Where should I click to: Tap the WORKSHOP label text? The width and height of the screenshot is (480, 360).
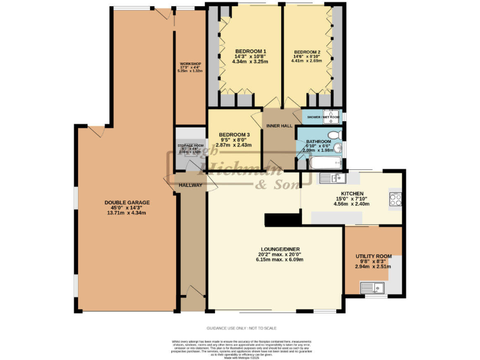pyautogui.click(x=191, y=64)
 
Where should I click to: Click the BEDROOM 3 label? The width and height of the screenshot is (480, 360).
pyautogui.click(x=234, y=134)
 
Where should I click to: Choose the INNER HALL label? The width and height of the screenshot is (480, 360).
pyautogui.click(x=279, y=126)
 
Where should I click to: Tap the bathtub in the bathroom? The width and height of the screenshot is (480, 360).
pyautogui.click(x=325, y=164)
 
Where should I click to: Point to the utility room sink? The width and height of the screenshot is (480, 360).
pyautogui.click(x=371, y=288)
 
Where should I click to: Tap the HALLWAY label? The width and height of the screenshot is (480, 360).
pyautogui.click(x=190, y=185)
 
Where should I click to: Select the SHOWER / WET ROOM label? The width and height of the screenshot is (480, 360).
pyautogui.click(x=323, y=117)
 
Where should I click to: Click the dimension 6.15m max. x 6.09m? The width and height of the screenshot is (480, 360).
pyautogui.click(x=280, y=259)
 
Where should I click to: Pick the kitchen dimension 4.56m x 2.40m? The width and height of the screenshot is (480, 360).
pyautogui.click(x=351, y=204)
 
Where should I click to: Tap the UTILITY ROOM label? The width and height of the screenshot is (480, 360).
pyautogui.click(x=373, y=256)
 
